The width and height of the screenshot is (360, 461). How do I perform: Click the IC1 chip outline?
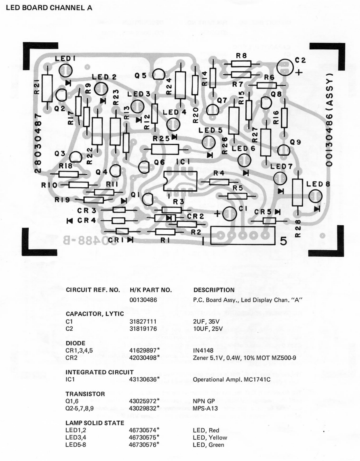181,180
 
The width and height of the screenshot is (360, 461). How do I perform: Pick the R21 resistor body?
48,88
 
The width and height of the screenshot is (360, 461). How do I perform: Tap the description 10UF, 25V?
210,330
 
